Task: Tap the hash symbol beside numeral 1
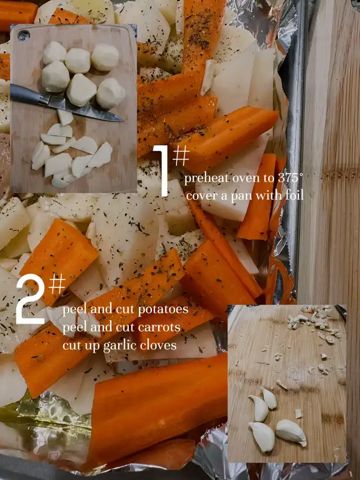click(181, 155)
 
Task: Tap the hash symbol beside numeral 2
click(57, 284)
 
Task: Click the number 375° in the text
click(290, 178)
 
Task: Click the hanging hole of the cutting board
click(24, 35)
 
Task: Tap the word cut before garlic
click(72, 346)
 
